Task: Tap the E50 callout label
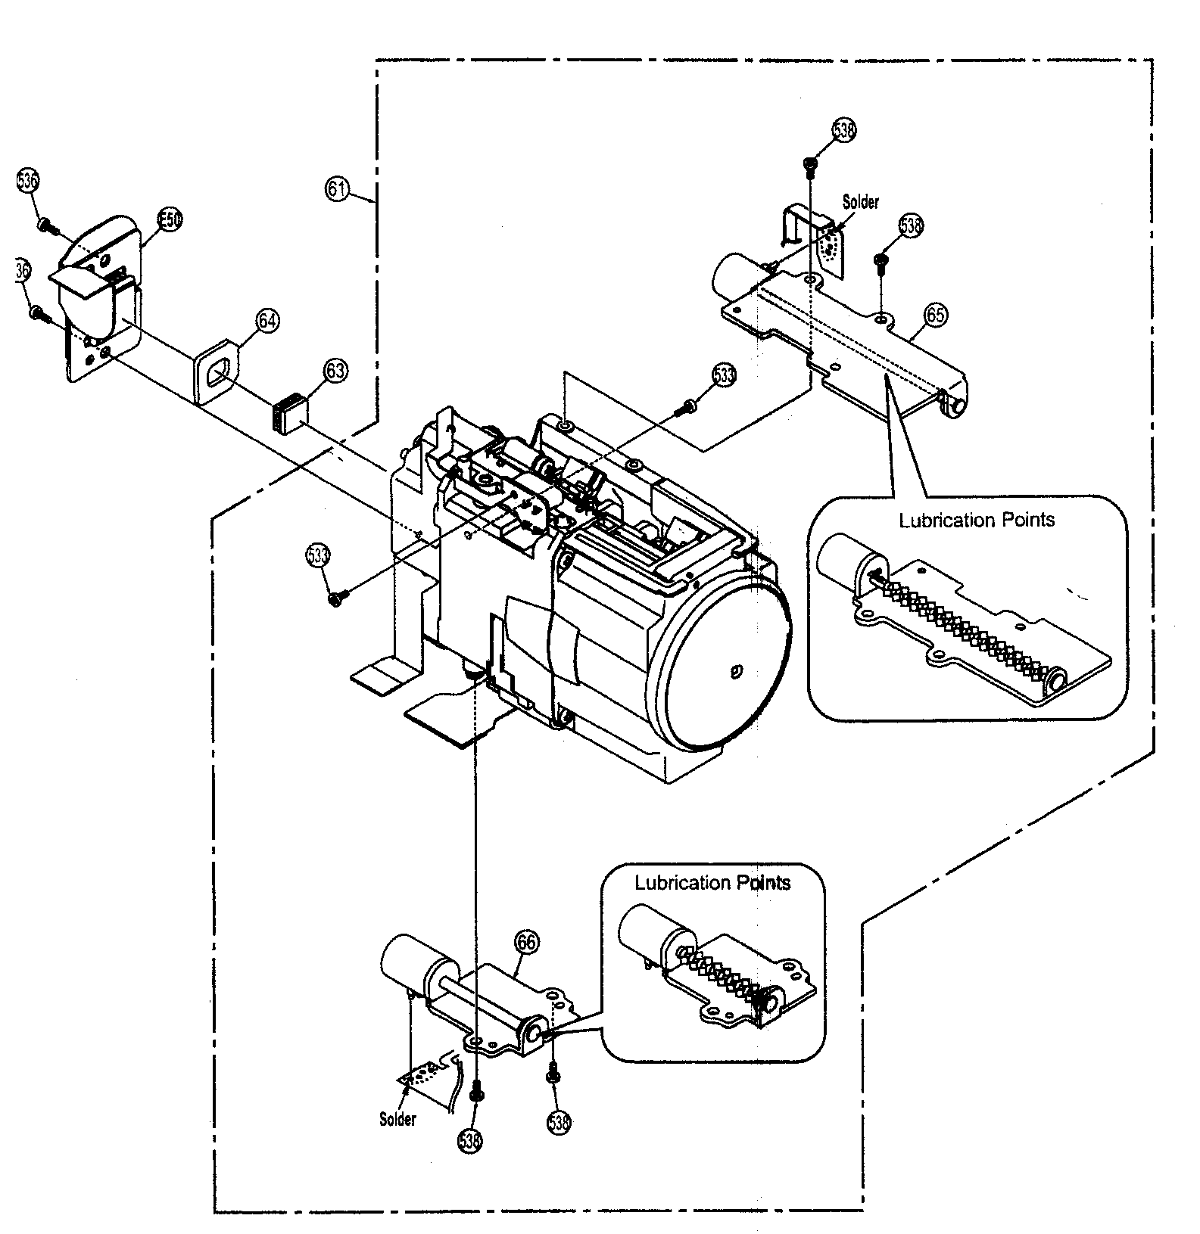[x=170, y=219]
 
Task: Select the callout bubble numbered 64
[x=266, y=321]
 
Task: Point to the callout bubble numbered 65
[x=936, y=314]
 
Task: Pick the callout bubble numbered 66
[x=527, y=943]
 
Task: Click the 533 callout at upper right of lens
[x=724, y=375]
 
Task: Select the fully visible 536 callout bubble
[x=28, y=182]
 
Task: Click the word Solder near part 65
[x=861, y=203]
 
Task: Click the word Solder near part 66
[x=397, y=1119]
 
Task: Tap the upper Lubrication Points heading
[x=977, y=521]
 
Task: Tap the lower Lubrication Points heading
[x=712, y=883]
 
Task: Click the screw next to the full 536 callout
[x=45, y=224]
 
